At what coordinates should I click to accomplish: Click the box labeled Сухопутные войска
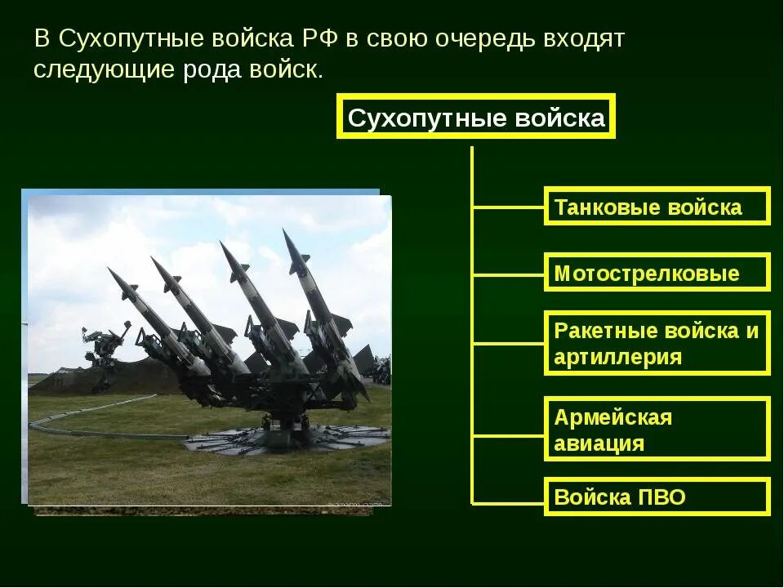(x=475, y=118)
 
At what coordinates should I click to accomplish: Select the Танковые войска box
(x=657, y=206)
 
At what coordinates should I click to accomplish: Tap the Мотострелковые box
(x=657, y=273)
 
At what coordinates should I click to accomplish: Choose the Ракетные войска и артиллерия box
(x=657, y=343)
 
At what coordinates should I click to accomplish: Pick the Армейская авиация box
(x=657, y=430)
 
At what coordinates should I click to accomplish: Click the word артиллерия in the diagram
(x=617, y=358)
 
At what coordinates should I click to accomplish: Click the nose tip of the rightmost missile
(x=285, y=232)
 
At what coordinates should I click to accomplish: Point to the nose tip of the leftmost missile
(x=109, y=269)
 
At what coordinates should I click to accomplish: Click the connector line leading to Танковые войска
(x=508, y=207)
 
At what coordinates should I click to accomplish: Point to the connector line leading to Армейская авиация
(x=508, y=436)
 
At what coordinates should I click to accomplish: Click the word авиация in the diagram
(x=599, y=444)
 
